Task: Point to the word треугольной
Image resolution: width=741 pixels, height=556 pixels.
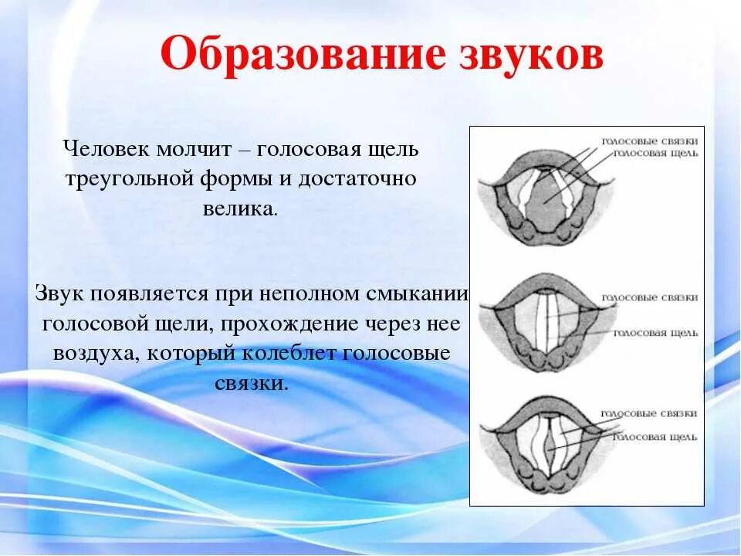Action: click(x=127, y=178)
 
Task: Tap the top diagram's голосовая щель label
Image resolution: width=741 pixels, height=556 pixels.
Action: click(x=656, y=153)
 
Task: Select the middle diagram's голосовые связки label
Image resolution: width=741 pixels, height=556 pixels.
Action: click(x=650, y=297)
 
